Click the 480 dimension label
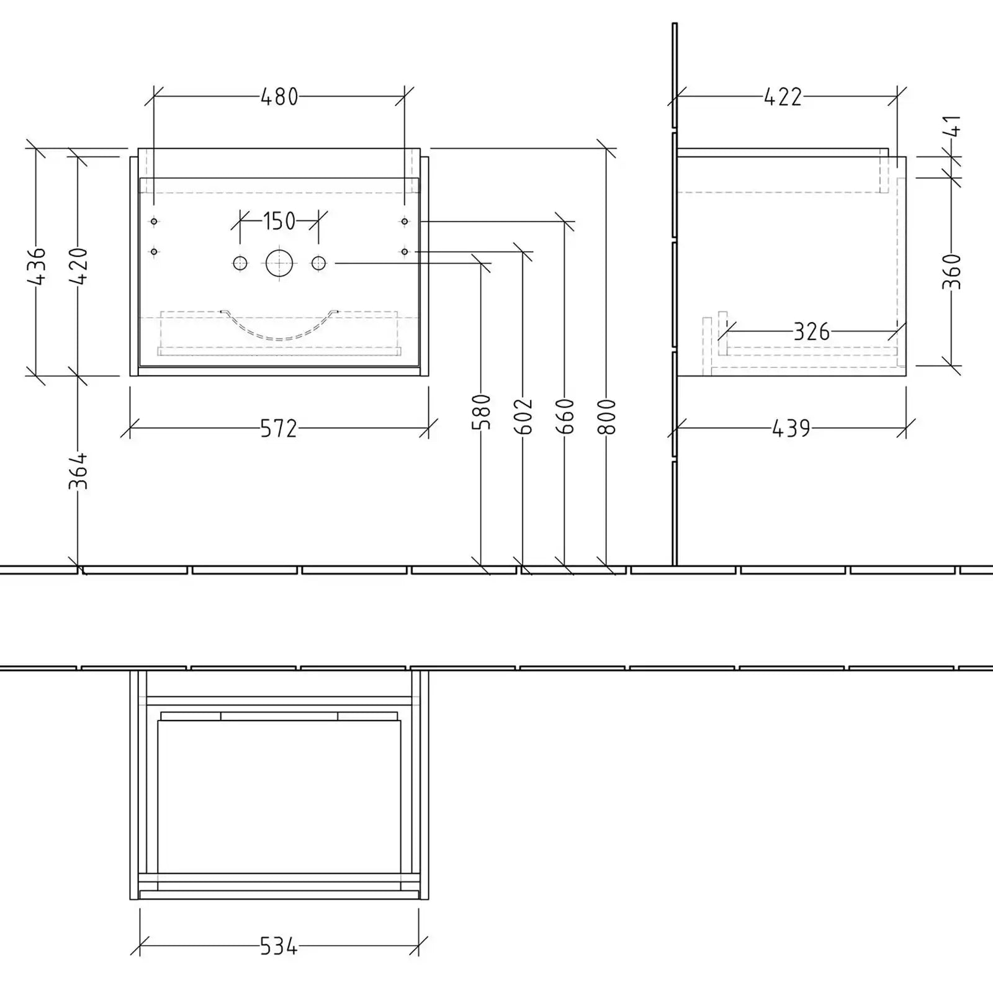pos(279,97)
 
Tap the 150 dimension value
pos(279,221)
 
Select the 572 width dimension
pos(279,428)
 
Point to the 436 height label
pos(37,266)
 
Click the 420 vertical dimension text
pos(79,266)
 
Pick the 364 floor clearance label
pos(78,472)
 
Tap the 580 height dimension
pos(482,412)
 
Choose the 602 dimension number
pos(524,416)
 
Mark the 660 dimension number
pos(565,416)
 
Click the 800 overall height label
pos(607,416)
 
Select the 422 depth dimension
pos(783,97)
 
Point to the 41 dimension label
pos(953,126)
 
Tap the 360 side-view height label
pos(952,271)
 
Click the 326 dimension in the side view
pos(811,332)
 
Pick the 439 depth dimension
pos(791,428)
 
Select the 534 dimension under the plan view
pos(279,947)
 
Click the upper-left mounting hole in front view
pos(154,222)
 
